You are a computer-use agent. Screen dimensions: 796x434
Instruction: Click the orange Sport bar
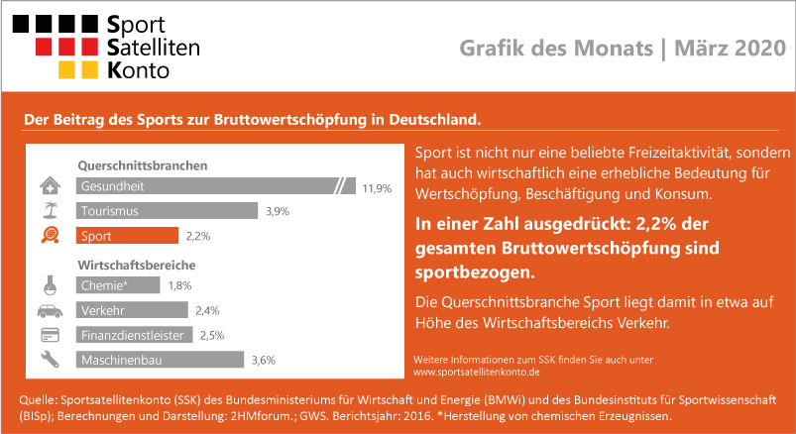(x=127, y=236)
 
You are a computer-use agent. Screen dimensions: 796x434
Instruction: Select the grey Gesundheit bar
(x=216, y=185)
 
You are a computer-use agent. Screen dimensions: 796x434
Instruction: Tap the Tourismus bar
(x=167, y=211)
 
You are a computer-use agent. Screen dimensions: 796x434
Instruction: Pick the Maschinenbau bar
(x=160, y=360)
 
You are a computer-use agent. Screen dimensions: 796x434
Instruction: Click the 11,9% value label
(x=377, y=189)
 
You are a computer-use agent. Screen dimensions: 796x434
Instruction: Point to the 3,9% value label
(x=278, y=212)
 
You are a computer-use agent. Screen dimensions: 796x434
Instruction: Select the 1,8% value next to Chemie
(x=179, y=285)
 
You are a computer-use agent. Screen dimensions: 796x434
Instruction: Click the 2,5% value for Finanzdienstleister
(x=212, y=336)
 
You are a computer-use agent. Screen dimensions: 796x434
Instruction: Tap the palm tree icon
(x=51, y=210)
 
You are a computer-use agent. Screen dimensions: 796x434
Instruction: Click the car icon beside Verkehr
(x=51, y=311)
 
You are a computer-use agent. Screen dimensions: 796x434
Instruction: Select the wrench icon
(x=51, y=360)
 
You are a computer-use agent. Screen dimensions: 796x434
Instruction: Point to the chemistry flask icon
(x=50, y=285)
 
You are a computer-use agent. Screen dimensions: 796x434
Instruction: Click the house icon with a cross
(x=51, y=185)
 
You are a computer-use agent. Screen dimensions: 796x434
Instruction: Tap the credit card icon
(x=50, y=335)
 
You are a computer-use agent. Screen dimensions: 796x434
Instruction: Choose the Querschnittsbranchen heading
(x=143, y=166)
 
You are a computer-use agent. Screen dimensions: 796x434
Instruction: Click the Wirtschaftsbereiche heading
(x=137, y=265)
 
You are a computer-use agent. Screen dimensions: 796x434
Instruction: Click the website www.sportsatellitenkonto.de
(x=476, y=373)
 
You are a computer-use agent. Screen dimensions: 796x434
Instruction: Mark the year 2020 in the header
(x=760, y=49)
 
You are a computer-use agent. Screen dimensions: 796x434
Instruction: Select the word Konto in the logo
(x=138, y=70)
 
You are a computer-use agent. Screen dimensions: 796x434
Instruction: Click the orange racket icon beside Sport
(x=51, y=236)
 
